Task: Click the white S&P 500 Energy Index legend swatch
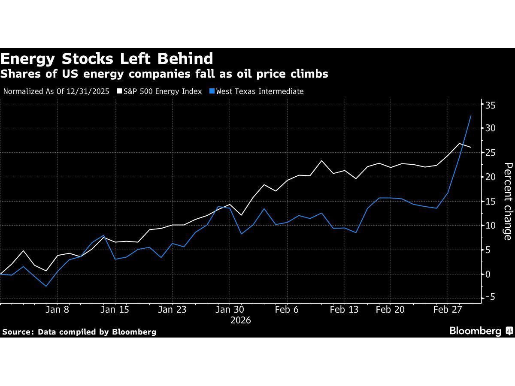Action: click(119, 91)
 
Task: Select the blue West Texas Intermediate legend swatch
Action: click(212, 91)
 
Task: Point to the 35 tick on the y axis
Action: click(491, 105)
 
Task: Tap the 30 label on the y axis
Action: click(491, 128)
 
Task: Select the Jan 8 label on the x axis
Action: click(58, 309)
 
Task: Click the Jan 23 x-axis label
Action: click(172, 309)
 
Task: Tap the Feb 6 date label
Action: click(287, 309)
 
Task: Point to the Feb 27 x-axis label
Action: click(447, 309)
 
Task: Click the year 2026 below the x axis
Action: click(240, 320)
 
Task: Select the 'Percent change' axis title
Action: click(508, 201)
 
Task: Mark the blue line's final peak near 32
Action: click(471, 116)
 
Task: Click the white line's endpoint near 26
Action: click(471, 147)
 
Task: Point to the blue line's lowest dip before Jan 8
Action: click(46, 286)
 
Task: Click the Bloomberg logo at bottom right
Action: click(481, 331)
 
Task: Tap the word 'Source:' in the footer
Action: click(18, 332)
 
